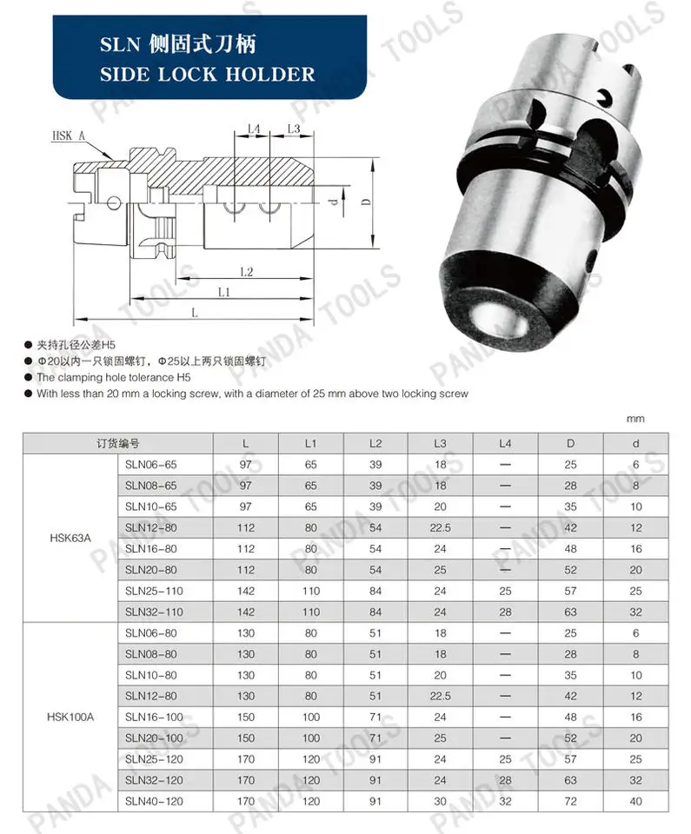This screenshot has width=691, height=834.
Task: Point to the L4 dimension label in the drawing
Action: point(254,129)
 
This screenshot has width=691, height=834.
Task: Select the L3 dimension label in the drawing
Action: point(293,129)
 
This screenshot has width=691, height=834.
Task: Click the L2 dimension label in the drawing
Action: point(246,272)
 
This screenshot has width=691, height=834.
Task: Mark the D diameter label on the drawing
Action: point(366,202)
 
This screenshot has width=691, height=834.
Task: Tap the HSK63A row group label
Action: point(69,538)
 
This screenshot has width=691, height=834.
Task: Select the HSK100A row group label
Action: point(69,717)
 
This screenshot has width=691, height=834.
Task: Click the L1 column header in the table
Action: point(310,443)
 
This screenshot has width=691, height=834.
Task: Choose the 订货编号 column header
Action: point(118,443)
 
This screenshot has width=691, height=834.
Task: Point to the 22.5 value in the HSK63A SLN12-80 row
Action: point(440,527)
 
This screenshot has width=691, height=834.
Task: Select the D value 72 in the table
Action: point(570,800)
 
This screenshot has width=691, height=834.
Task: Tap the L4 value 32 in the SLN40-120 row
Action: point(505,800)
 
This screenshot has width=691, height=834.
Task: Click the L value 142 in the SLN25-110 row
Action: point(246,591)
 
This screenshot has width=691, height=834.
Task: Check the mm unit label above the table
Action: point(636,419)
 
